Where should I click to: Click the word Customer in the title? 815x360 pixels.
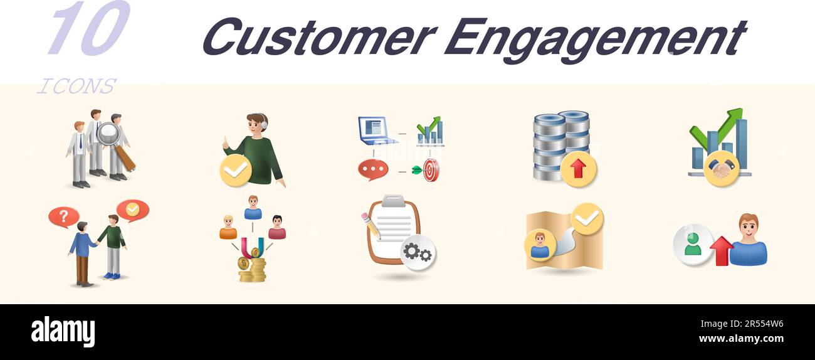coord(318,37)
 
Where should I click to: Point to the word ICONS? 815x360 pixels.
coord(76,86)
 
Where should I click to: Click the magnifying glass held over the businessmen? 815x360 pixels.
coord(109,134)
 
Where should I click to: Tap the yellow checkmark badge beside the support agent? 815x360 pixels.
coord(236,170)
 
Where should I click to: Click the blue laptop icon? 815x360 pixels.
coord(377,130)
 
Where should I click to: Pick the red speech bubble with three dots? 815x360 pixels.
coord(372,169)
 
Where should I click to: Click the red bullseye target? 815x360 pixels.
coord(431,170)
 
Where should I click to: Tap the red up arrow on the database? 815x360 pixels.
coord(578,169)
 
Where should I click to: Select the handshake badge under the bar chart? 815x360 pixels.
coord(721,169)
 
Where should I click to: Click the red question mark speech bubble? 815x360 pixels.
coord(63,217)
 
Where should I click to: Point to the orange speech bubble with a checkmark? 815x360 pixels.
coord(132,210)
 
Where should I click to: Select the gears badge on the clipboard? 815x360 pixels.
coord(418,252)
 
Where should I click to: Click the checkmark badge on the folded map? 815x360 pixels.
coord(587,218)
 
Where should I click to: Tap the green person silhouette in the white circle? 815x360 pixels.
coord(693,244)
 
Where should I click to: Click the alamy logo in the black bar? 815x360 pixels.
coord(63,332)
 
